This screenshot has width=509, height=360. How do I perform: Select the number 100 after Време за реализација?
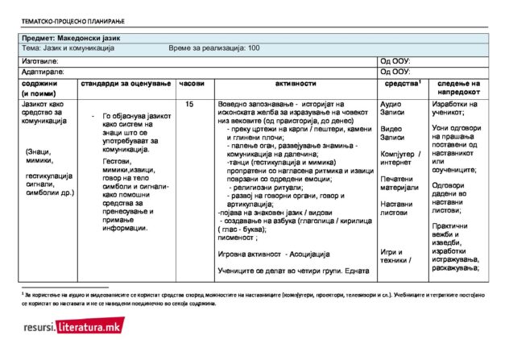[x=254, y=48]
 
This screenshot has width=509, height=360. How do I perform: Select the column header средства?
[x=400, y=83]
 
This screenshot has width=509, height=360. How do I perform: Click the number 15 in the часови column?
[x=189, y=104]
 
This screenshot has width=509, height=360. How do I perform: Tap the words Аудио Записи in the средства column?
[x=392, y=110]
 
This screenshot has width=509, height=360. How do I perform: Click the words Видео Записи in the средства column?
[x=392, y=133]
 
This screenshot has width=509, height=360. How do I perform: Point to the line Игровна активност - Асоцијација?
[x=274, y=254]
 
